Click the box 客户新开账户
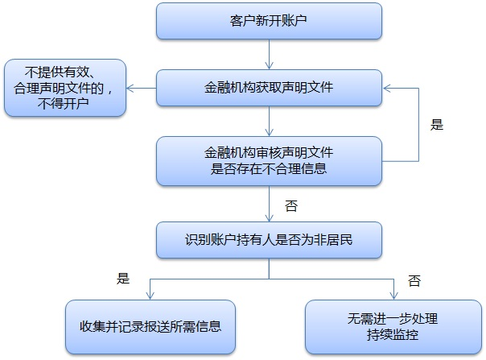pos(269,21)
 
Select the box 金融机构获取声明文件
pos(269,88)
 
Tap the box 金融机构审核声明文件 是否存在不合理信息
pos(269,160)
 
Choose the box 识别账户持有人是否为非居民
pos(269,239)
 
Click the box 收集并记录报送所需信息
pos(150,327)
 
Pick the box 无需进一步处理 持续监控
pos(393,327)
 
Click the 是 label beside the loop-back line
pos(438,125)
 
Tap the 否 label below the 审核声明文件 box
pos(291,205)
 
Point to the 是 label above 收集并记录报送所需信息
pos(123,279)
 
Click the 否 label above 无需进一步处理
pos(414,280)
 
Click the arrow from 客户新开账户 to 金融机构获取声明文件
pos(269,55)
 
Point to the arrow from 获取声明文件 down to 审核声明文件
pos(269,121)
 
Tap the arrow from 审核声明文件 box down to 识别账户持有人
pos(269,204)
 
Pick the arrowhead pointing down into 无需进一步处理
pos(394,296)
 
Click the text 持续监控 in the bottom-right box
pos(393,334)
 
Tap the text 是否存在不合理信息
pos(269,168)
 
